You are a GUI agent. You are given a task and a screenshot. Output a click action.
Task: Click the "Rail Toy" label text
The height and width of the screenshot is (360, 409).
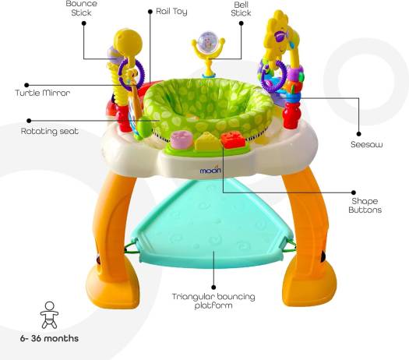click(x=171, y=12)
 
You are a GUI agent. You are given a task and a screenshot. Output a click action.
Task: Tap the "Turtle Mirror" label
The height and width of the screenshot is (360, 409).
click(x=43, y=93)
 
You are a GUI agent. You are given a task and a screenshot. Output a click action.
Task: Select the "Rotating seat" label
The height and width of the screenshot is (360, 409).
click(x=50, y=131)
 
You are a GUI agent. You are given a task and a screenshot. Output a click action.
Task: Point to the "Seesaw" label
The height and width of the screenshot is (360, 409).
click(x=366, y=144)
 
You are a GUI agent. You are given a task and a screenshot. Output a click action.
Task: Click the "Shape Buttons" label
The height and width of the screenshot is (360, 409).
click(x=365, y=206)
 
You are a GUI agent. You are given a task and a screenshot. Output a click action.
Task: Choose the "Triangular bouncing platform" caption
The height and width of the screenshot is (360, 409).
click(x=213, y=301)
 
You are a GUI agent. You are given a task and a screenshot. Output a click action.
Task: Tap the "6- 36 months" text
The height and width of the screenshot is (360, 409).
click(x=49, y=338)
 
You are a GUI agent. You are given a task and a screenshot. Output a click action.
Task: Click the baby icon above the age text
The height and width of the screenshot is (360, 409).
click(x=49, y=315)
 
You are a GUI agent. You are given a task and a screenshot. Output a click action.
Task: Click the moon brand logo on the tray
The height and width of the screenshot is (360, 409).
click(x=210, y=171)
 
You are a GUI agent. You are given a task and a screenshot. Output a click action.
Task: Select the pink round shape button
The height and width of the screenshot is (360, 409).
click(x=182, y=139)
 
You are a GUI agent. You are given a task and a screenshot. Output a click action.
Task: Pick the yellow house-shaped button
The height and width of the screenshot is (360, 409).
click(x=207, y=141)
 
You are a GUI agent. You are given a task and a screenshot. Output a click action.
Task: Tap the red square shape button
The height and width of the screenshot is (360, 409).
click(x=233, y=140)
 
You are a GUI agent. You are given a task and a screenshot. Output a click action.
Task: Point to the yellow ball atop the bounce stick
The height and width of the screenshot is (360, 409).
click(x=128, y=42)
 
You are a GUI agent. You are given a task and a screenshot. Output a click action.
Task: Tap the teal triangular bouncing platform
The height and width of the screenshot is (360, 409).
click(x=213, y=224)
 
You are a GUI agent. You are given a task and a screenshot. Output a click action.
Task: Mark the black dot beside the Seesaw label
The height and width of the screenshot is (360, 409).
click(x=358, y=134)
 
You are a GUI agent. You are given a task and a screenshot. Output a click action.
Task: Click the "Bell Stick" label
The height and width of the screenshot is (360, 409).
click(x=241, y=9)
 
